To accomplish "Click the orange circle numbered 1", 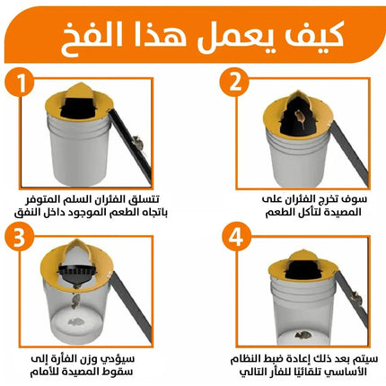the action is (x=21, y=82).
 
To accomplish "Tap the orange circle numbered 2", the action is (x=234, y=82).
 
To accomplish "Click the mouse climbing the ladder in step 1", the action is (x=137, y=143).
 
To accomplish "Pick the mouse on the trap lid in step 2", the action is (x=300, y=118).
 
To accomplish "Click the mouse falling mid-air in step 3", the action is (x=75, y=301).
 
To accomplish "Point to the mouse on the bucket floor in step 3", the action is (x=76, y=321).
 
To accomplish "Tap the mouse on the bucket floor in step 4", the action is (x=303, y=335).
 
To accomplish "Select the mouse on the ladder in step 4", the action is (x=356, y=298).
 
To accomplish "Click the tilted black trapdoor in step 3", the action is (x=77, y=273).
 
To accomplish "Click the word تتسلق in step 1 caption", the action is (x=145, y=199).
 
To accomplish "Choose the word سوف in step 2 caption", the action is (x=355, y=199).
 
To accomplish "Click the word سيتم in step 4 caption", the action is (x=366, y=358).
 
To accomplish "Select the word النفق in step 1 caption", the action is (x=27, y=213).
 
